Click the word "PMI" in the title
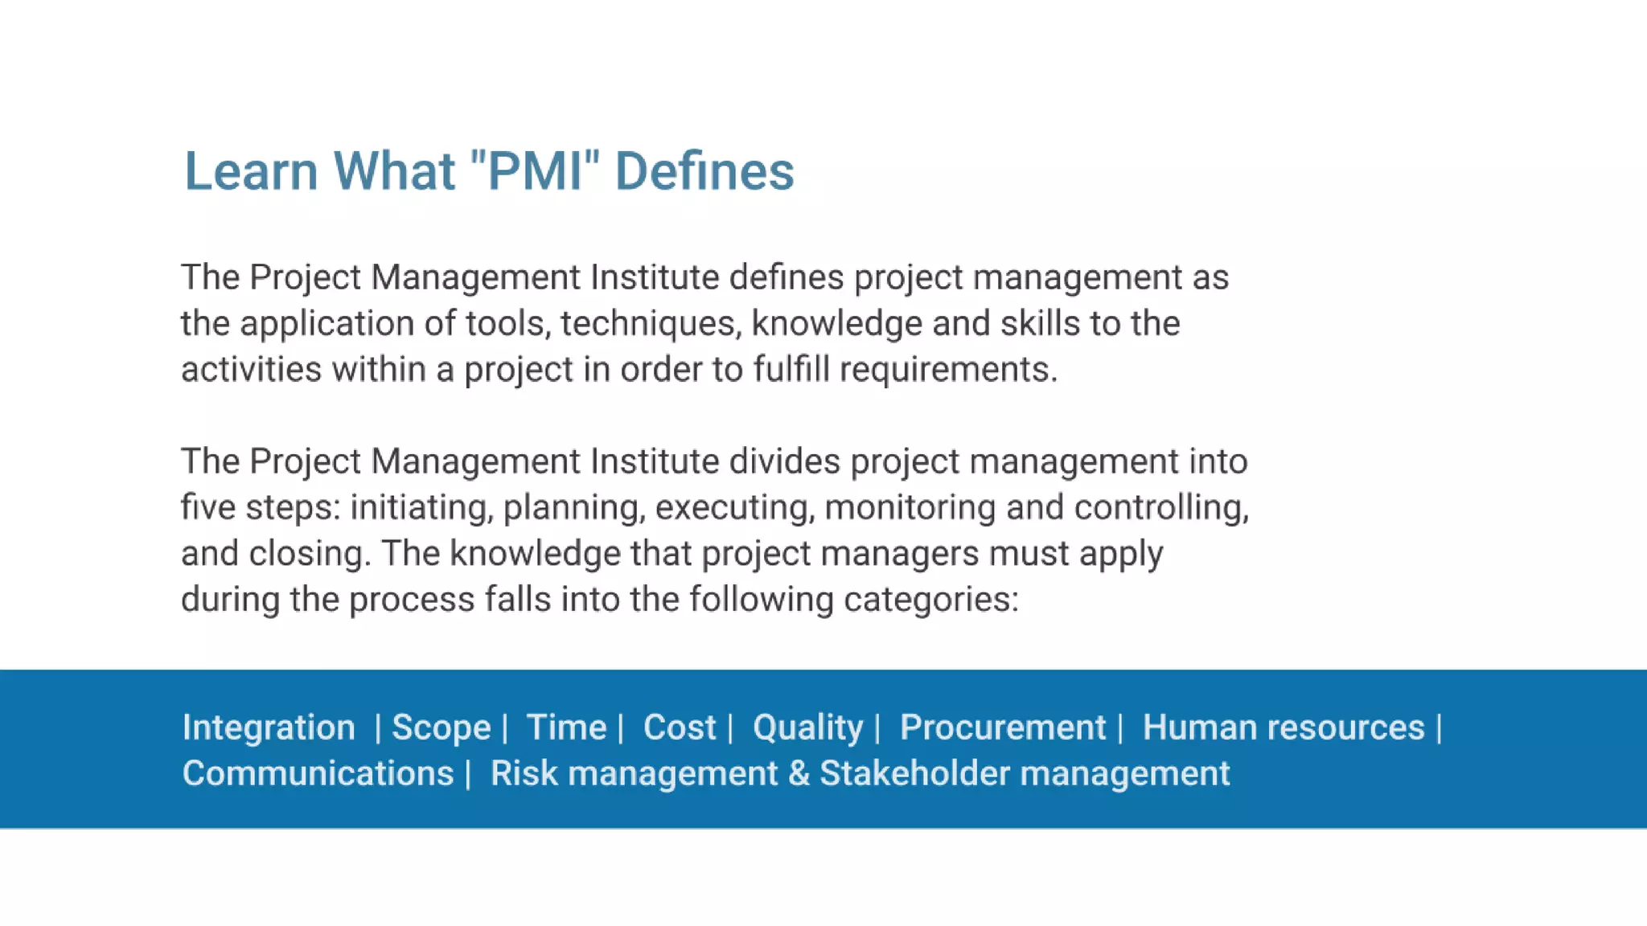tap(534, 171)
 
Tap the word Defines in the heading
tap(704, 171)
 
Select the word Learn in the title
tap(251, 171)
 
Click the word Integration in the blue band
tap(269, 727)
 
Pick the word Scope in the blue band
tap(441, 727)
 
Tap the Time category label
tap(566, 727)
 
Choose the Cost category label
tap(679, 727)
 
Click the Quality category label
tap(807, 727)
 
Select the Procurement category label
tap(1002, 727)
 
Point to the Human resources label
tap(1284, 727)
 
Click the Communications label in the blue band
tap(318, 773)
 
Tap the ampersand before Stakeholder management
tap(799, 773)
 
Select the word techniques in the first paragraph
tap(650, 324)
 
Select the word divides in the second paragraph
tap(784, 461)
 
